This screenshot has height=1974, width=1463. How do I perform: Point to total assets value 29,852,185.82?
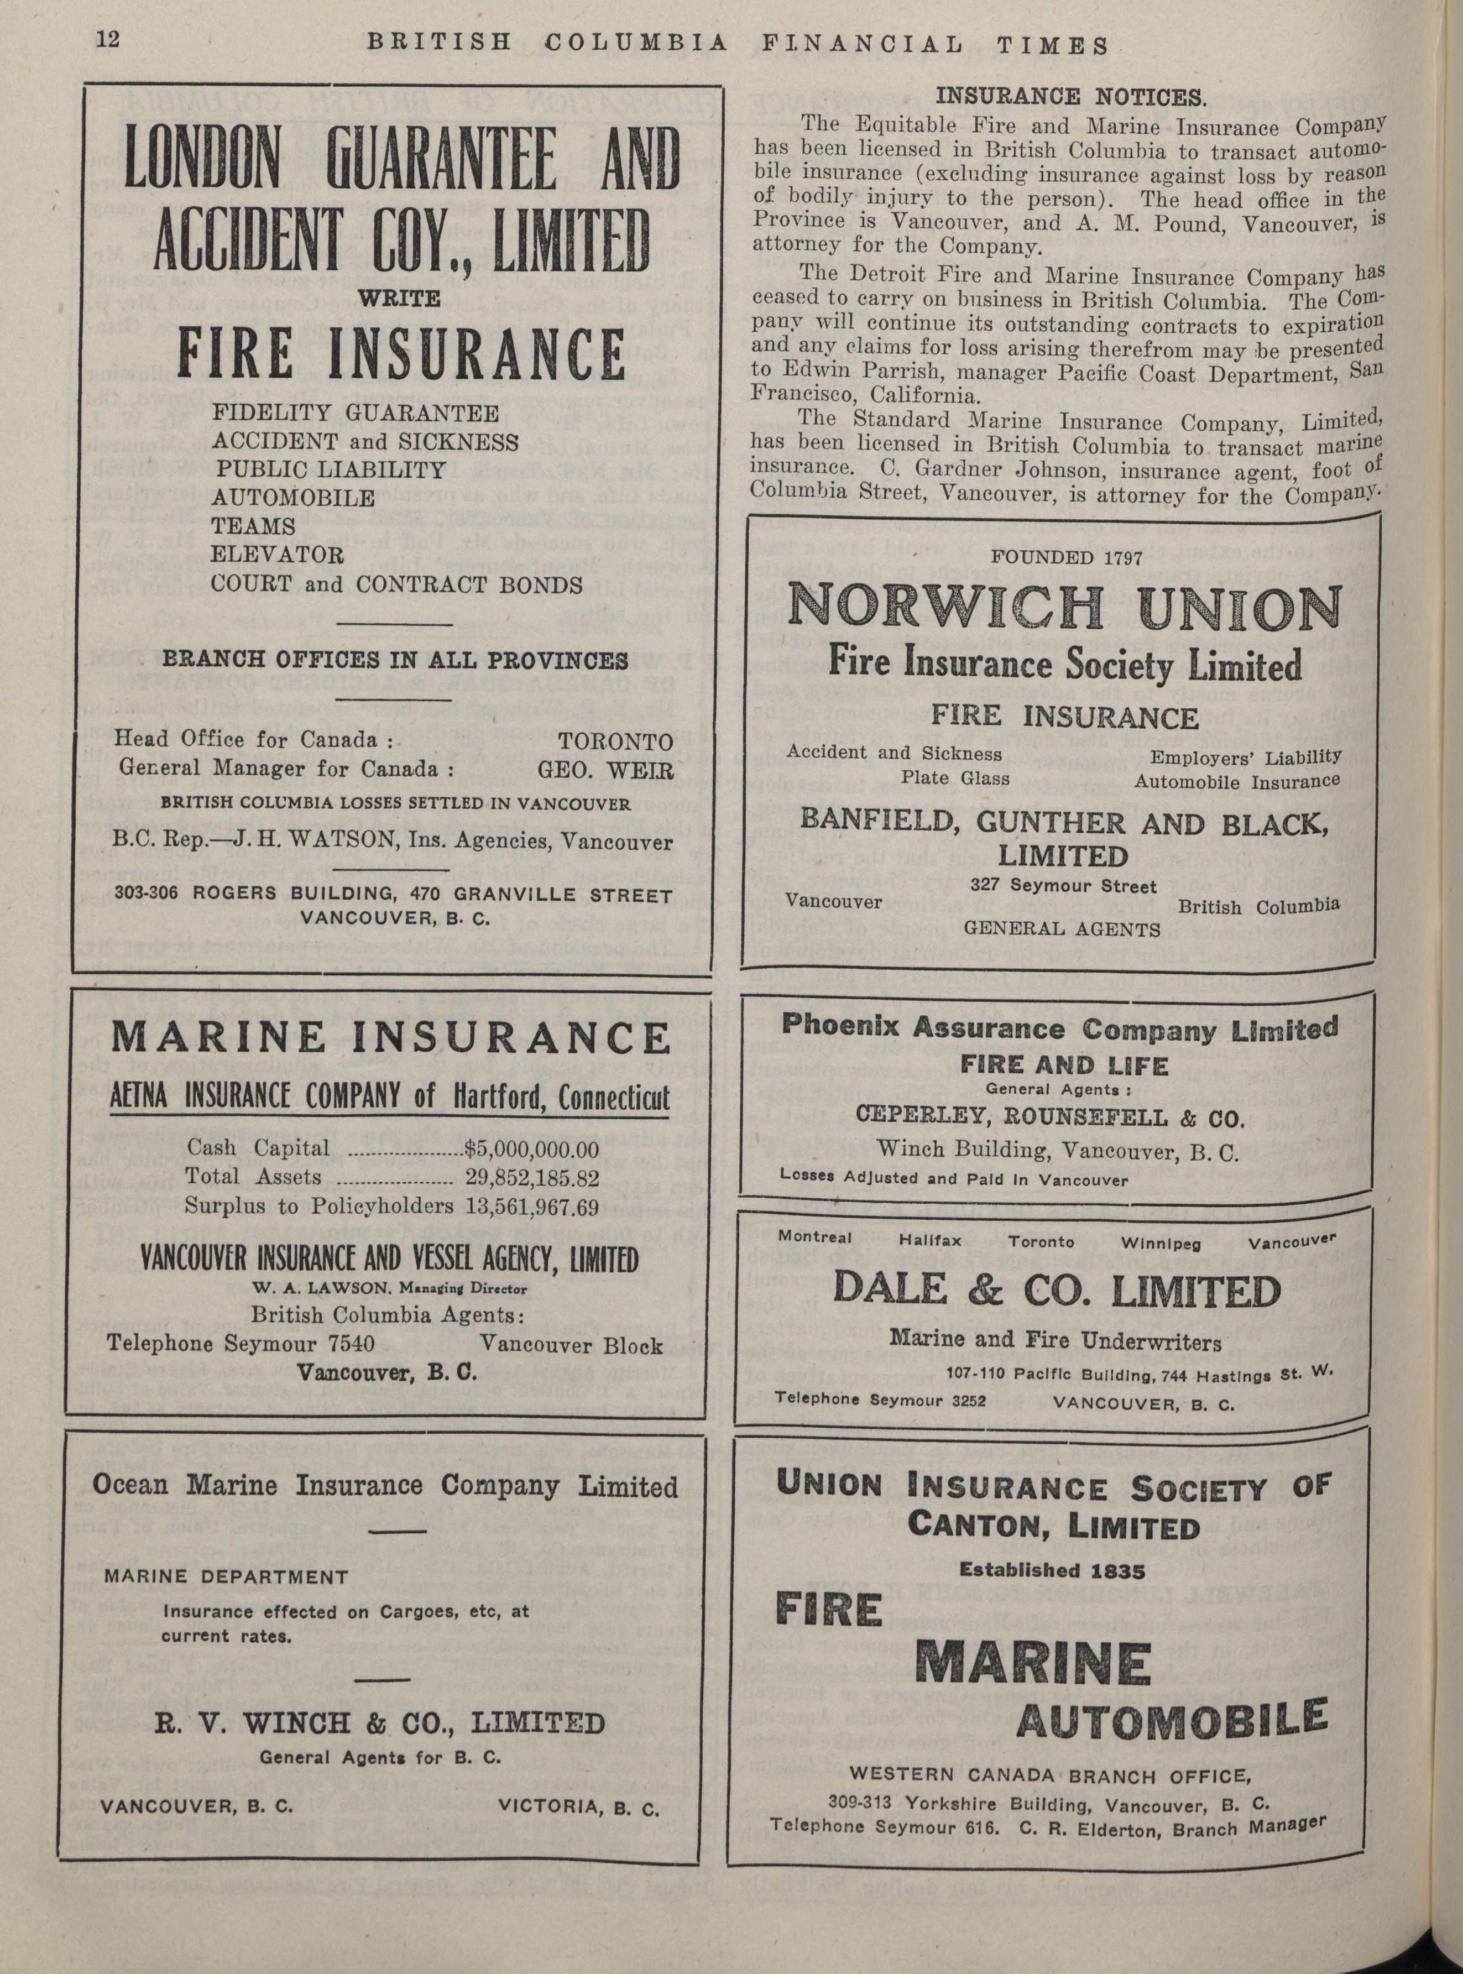[532, 1178]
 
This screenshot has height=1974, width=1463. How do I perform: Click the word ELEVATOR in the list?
[277, 555]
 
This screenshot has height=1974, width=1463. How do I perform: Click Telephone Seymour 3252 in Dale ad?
[880, 1399]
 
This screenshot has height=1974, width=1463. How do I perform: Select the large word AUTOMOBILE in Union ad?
[1172, 1720]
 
